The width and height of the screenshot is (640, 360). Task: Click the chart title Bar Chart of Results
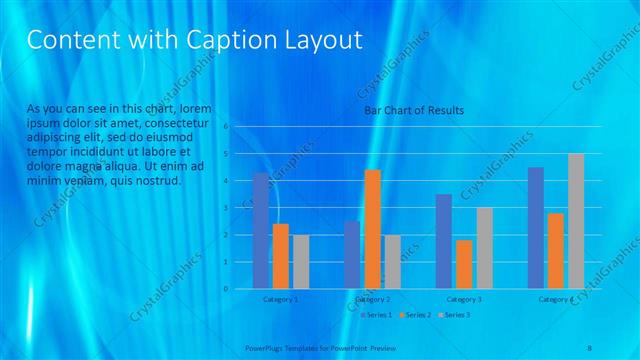(x=413, y=110)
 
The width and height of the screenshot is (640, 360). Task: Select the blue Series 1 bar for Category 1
(x=261, y=231)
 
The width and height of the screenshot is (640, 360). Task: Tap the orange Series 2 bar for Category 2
(x=372, y=229)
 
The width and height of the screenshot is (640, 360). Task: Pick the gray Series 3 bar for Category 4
(x=576, y=221)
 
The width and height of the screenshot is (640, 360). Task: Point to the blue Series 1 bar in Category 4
(x=536, y=228)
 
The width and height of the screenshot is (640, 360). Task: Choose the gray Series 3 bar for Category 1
(x=301, y=262)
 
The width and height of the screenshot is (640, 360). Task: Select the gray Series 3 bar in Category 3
(x=484, y=248)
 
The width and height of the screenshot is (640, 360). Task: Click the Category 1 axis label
(x=280, y=299)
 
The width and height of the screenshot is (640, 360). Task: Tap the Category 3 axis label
(x=464, y=299)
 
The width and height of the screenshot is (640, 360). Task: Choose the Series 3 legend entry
(x=454, y=315)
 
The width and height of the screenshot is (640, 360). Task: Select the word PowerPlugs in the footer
(x=265, y=349)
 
